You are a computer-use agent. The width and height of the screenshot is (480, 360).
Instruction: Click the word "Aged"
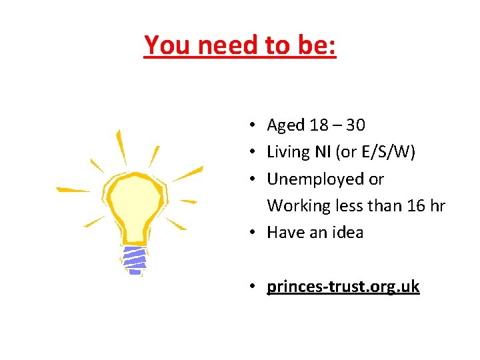click(x=285, y=125)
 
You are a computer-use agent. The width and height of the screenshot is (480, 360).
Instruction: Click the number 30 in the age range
click(x=356, y=125)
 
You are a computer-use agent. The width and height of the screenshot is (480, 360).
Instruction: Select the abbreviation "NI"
click(x=325, y=153)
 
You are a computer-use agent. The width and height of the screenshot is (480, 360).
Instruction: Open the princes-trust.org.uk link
click(x=343, y=287)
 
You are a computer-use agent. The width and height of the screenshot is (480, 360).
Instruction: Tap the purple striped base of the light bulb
click(x=135, y=260)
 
